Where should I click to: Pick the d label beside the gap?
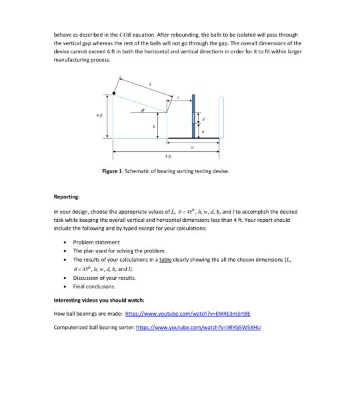(205, 119)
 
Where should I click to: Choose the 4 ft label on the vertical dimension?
(101, 115)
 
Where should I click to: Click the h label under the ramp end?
(154, 125)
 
